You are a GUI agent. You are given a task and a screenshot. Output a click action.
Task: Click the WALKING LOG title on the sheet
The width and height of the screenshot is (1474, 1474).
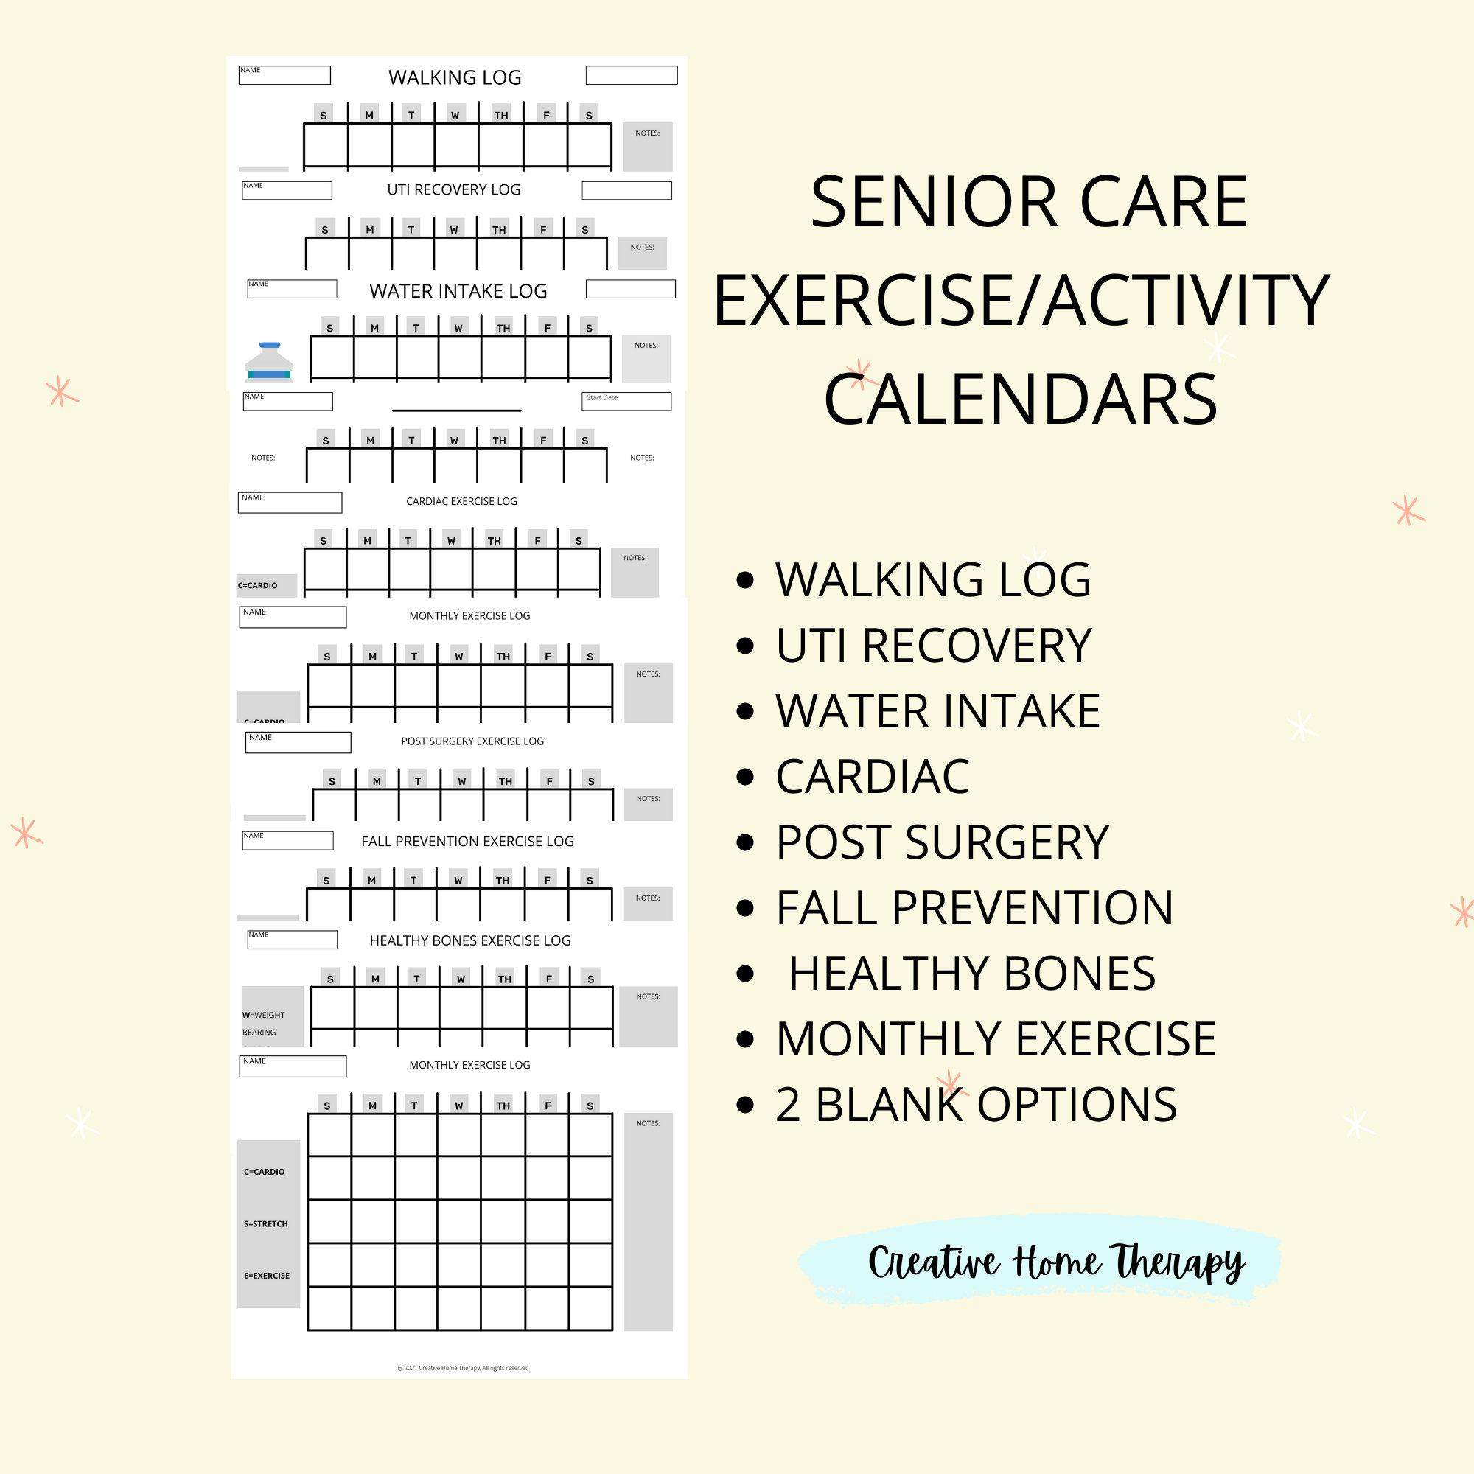(455, 77)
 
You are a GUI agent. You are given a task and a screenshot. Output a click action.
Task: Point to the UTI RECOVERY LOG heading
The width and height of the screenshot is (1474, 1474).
(453, 189)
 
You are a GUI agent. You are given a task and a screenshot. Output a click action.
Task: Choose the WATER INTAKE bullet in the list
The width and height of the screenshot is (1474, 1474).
(937, 711)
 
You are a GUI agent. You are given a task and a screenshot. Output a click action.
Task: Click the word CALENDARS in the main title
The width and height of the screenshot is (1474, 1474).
(1020, 399)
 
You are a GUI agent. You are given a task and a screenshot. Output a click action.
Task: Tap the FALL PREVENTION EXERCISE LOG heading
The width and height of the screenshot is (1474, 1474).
(467, 841)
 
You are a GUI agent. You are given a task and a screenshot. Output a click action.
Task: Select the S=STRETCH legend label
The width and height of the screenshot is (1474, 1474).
(265, 1223)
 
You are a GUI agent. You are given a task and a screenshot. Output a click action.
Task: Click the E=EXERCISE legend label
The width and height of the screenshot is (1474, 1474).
(266, 1276)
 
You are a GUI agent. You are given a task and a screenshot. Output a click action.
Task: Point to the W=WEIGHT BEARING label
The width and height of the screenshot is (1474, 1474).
(263, 1023)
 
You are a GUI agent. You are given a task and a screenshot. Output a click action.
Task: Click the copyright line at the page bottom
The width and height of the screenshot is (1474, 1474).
(462, 1368)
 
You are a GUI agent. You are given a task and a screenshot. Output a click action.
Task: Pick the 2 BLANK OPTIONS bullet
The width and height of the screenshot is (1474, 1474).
(976, 1104)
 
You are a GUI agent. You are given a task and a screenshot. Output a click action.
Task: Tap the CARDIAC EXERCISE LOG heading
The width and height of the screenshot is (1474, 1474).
(461, 501)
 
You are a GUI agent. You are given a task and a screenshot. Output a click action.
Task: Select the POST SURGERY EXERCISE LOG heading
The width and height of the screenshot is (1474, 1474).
(472, 741)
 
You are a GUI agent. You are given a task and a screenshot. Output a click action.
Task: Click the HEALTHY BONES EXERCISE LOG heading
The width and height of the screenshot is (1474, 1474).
(470, 940)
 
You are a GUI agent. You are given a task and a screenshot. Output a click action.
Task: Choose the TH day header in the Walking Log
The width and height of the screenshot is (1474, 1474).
(500, 115)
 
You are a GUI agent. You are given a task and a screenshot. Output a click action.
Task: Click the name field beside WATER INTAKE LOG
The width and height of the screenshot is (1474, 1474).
(291, 288)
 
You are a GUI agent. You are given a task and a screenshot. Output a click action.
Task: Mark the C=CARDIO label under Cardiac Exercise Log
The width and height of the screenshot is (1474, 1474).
(258, 585)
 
